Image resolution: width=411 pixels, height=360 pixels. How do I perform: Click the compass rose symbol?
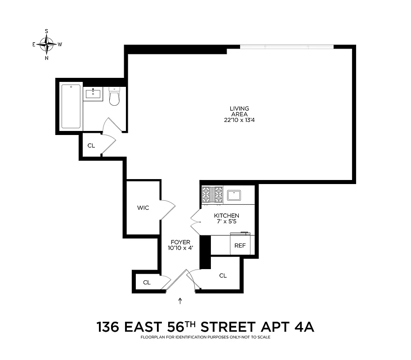pos(47,44)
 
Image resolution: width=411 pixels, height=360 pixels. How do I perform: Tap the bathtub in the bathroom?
pos(71,106)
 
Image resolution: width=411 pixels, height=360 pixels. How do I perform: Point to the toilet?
pos(114,97)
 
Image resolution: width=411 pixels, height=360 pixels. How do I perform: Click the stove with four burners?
pos(212,194)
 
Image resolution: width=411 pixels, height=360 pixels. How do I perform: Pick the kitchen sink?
pos(234,195)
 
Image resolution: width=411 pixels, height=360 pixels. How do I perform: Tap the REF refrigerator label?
pos(238,246)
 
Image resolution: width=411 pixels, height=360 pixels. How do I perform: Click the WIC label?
pos(143,208)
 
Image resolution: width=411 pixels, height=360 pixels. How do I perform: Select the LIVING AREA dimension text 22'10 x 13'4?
pos(239,120)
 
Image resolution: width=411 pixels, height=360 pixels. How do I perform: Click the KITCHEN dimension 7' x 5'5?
pos(226,222)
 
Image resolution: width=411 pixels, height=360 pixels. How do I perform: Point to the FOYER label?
pos(180,242)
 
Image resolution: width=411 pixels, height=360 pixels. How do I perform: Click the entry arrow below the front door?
pos(180,301)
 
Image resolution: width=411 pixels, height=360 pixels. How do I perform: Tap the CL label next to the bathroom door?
pos(91,145)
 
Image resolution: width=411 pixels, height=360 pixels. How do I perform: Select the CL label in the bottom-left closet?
pos(147,282)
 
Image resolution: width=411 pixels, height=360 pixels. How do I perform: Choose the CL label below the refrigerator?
pos(223,275)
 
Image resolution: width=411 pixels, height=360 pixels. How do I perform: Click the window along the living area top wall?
pos(286,47)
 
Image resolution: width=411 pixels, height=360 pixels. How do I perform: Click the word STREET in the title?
pos(235,326)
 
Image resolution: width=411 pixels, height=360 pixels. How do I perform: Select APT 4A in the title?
pos(294,326)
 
